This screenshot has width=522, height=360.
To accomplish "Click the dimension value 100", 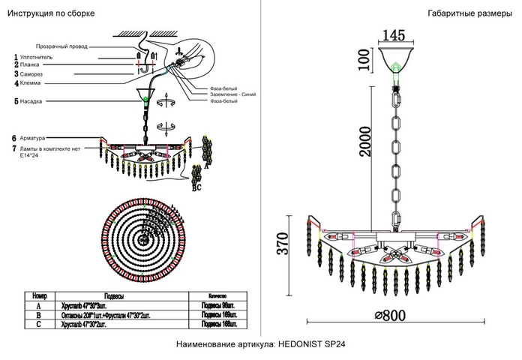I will pyautogui.click(x=364, y=58).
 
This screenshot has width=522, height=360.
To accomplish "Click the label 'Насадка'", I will pyautogui.click(x=31, y=100).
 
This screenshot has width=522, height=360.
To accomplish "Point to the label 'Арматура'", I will pyautogui.click(x=33, y=139).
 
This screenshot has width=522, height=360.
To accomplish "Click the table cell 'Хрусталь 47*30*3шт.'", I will pyautogui.click(x=86, y=305).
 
